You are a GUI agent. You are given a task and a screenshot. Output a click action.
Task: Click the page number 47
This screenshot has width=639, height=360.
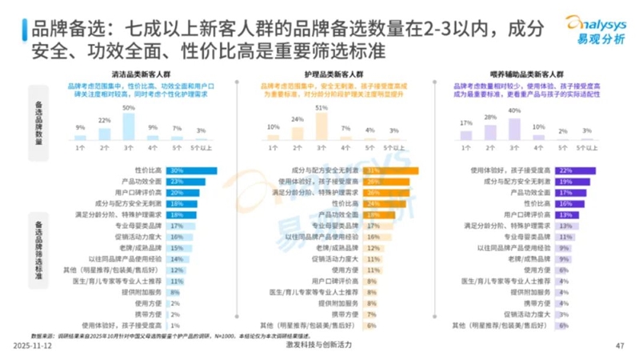619,346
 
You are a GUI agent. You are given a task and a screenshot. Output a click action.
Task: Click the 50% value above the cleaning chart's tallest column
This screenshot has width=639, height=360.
128,106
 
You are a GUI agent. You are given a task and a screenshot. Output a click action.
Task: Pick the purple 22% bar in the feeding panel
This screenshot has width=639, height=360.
577,170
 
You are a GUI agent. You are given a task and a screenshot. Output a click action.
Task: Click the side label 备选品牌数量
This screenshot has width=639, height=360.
39,122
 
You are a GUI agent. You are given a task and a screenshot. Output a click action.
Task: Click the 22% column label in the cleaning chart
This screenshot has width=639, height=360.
104,120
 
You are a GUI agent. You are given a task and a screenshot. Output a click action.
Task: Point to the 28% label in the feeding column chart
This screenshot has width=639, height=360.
491,117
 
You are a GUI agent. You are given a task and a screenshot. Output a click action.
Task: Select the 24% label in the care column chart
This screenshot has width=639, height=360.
298,119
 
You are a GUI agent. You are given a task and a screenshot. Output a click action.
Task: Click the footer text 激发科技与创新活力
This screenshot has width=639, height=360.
318,345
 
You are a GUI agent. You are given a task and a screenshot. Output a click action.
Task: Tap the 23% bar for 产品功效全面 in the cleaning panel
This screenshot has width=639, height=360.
186,182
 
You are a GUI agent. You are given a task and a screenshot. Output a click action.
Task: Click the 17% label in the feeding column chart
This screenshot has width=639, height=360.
467,123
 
